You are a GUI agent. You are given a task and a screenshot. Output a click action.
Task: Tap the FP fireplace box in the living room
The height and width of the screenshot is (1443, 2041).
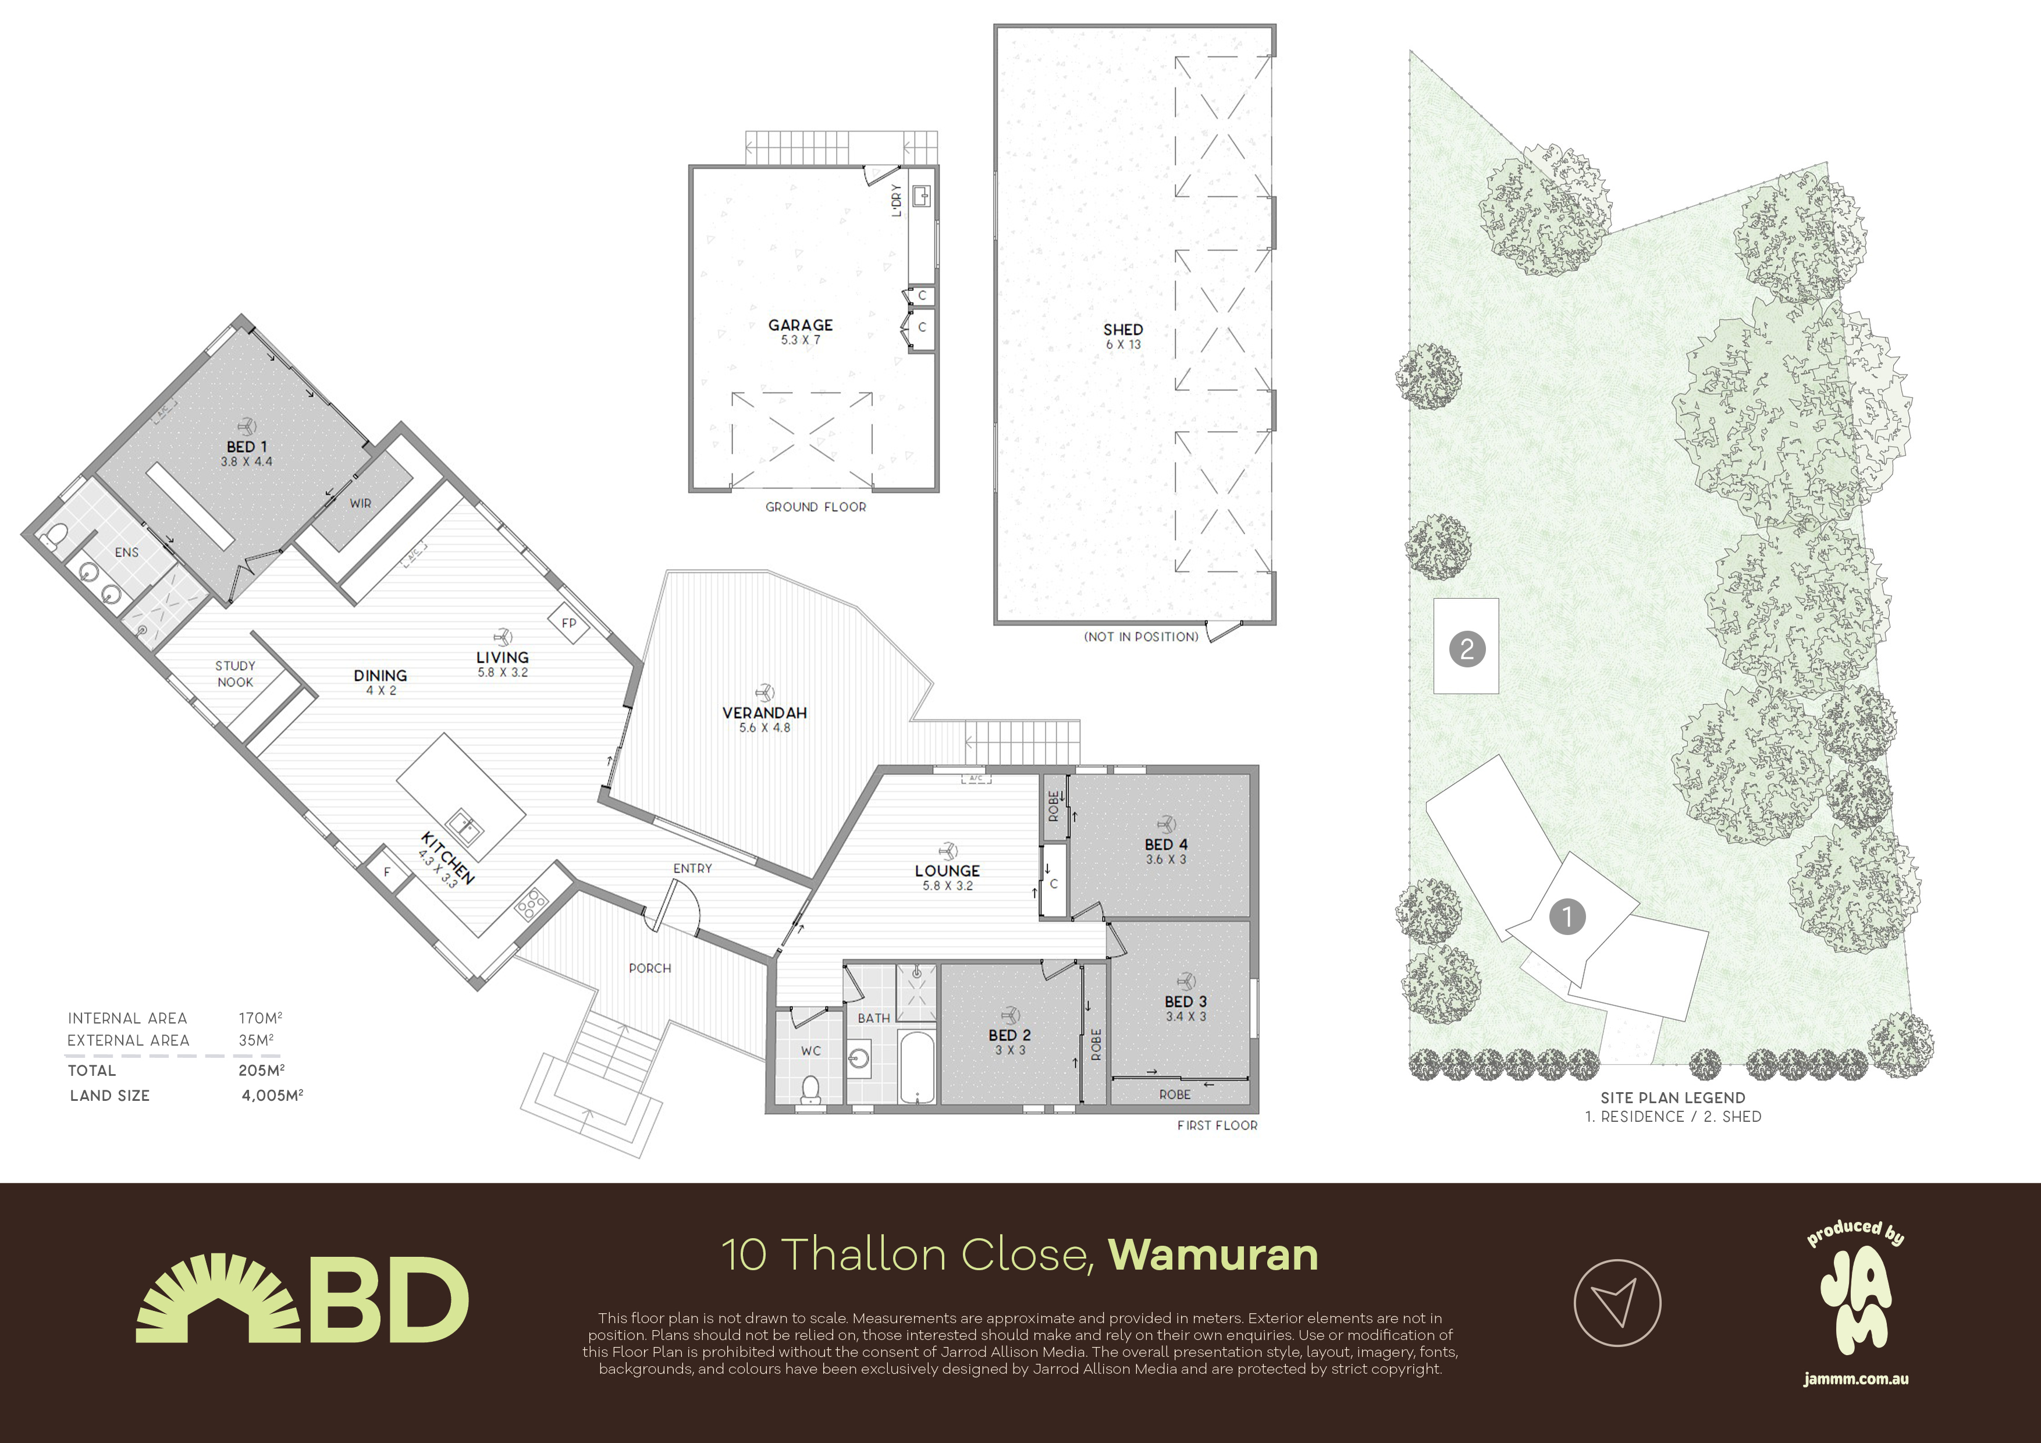pos(568,623)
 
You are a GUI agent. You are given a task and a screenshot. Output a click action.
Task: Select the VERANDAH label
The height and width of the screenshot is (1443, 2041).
pos(765,713)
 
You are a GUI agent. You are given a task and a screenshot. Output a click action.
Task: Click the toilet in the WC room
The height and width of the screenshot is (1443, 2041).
pos(810,1090)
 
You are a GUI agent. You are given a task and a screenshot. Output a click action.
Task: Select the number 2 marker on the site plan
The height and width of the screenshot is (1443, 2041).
pos(1467,648)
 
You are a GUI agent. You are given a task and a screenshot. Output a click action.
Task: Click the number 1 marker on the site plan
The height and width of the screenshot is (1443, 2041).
pos(1567,916)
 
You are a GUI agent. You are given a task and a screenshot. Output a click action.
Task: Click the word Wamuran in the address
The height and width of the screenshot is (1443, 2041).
pos(1214,1254)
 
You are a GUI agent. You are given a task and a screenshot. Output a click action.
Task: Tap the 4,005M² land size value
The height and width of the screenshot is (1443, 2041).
pos(272,1096)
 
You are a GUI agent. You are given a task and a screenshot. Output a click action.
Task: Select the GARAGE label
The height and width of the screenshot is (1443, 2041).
pos(800,325)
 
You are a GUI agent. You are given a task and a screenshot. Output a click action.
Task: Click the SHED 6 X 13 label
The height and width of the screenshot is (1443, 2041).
pos(1123,336)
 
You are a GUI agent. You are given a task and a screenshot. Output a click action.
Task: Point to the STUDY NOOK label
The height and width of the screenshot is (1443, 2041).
pos(234,674)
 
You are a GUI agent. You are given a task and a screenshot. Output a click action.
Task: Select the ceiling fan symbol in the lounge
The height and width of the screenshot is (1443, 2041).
pos(948,851)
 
